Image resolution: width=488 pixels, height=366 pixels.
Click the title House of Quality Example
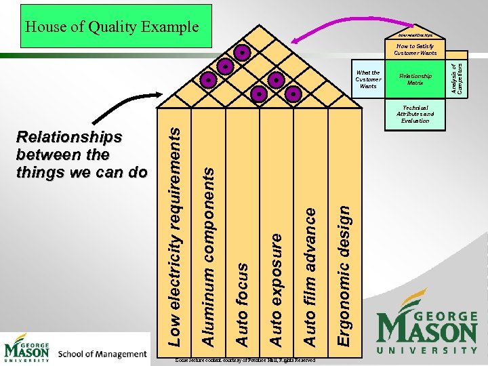click(x=112, y=27)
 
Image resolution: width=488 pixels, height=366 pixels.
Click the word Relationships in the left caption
click(x=69, y=138)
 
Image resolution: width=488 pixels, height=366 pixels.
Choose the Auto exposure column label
click(x=276, y=287)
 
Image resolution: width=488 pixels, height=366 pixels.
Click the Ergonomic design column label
click(x=344, y=276)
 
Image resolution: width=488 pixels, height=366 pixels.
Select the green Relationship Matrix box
click(x=415, y=79)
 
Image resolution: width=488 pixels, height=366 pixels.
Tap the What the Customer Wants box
click(x=368, y=79)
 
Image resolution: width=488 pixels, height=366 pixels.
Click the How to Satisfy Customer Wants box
click(x=415, y=49)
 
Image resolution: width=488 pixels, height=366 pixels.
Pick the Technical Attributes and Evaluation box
click(x=415, y=115)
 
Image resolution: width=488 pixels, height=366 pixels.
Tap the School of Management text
click(x=102, y=353)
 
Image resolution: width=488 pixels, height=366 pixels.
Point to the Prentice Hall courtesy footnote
click(x=244, y=361)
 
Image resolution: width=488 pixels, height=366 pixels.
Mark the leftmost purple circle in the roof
click(x=209, y=81)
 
